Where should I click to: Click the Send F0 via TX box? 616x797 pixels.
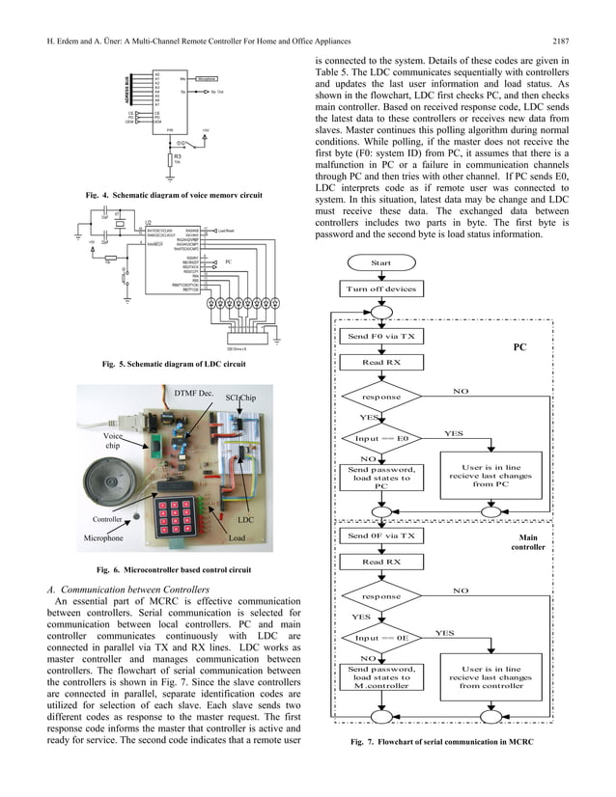point(381,337)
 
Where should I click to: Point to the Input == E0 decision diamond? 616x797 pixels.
point(381,437)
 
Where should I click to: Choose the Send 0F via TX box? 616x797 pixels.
point(381,536)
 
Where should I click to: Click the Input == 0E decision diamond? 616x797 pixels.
point(381,638)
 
